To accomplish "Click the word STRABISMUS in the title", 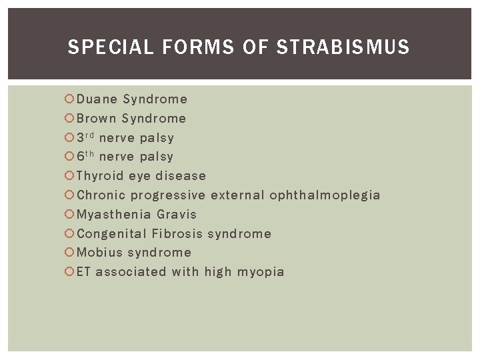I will pos(343,47).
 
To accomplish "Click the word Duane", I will pos(97,99).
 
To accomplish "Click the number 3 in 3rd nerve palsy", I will pos(81,138).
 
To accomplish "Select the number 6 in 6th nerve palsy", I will pos(81,157).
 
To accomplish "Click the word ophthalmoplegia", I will pos(325,195).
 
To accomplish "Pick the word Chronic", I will pos(101,195).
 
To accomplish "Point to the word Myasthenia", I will pos(113,215).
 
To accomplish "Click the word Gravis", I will pos(177,215).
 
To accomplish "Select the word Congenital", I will pos(111,234).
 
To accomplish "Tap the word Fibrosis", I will pos(177,234).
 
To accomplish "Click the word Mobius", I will pos(99,253).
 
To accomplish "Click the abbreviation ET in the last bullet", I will pos(84,272).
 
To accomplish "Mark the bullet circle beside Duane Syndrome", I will pos(69,99).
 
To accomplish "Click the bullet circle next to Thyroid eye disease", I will pos(69,176).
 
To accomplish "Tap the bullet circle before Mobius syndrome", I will pos(69,253).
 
